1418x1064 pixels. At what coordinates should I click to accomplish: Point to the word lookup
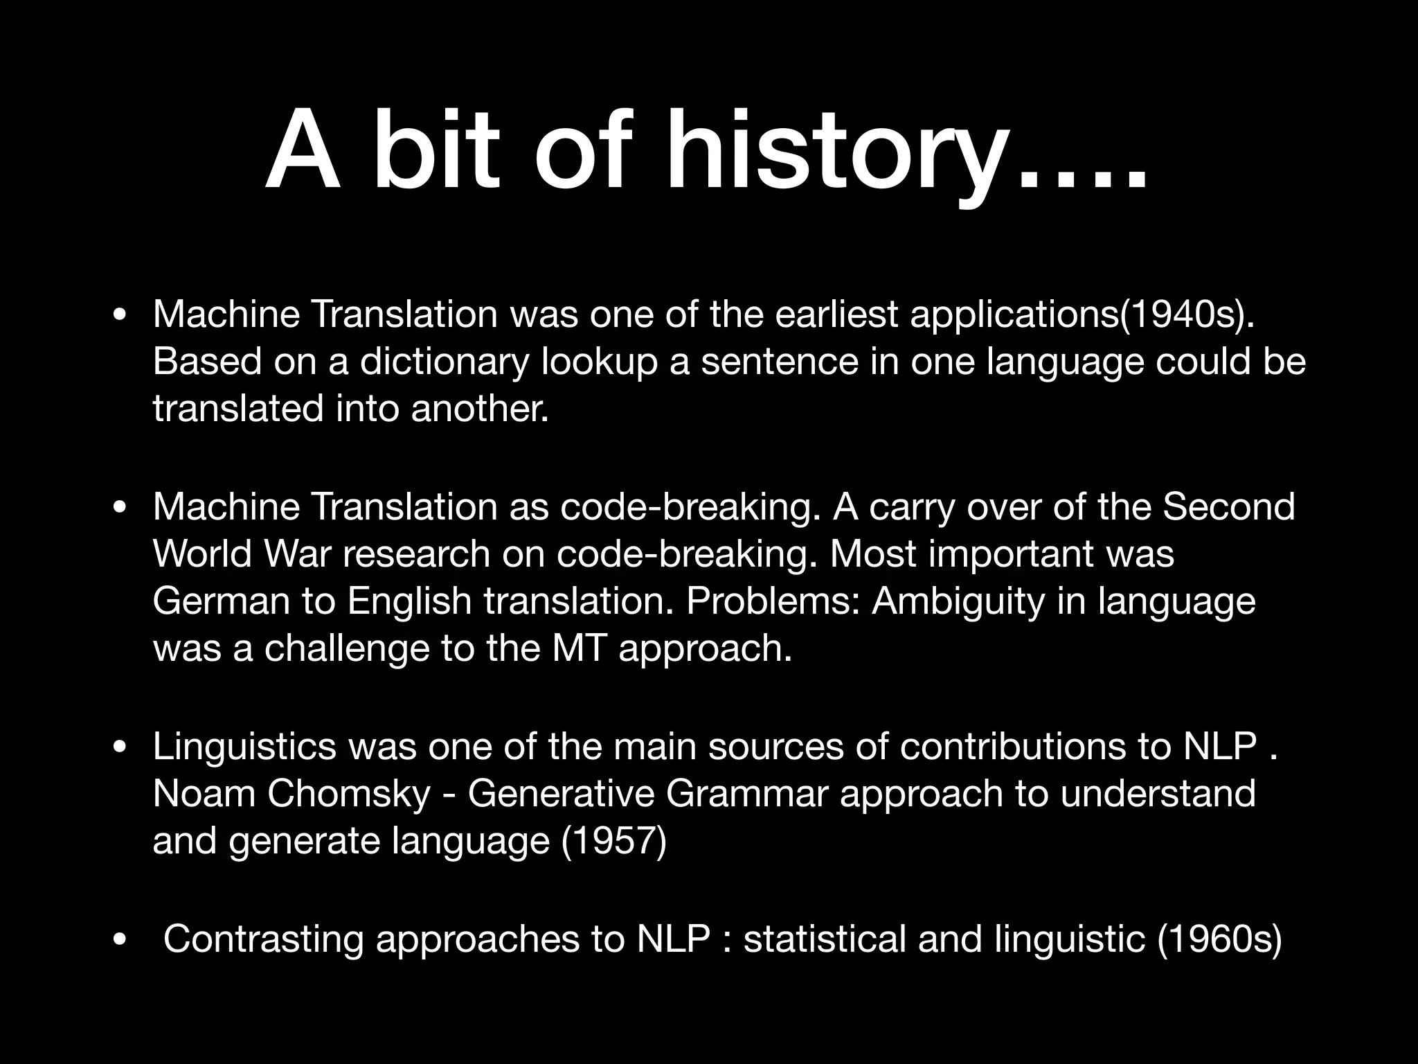[599, 362]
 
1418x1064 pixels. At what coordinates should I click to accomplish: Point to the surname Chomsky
[349, 793]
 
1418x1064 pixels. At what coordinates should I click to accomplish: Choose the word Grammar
[746, 793]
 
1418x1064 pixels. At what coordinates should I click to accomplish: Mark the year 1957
[613, 841]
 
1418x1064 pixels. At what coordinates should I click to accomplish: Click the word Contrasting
[263, 939]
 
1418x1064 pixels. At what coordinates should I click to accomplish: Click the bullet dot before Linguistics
[120, 747]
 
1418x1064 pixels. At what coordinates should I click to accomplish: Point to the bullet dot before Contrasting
[120, 941]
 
